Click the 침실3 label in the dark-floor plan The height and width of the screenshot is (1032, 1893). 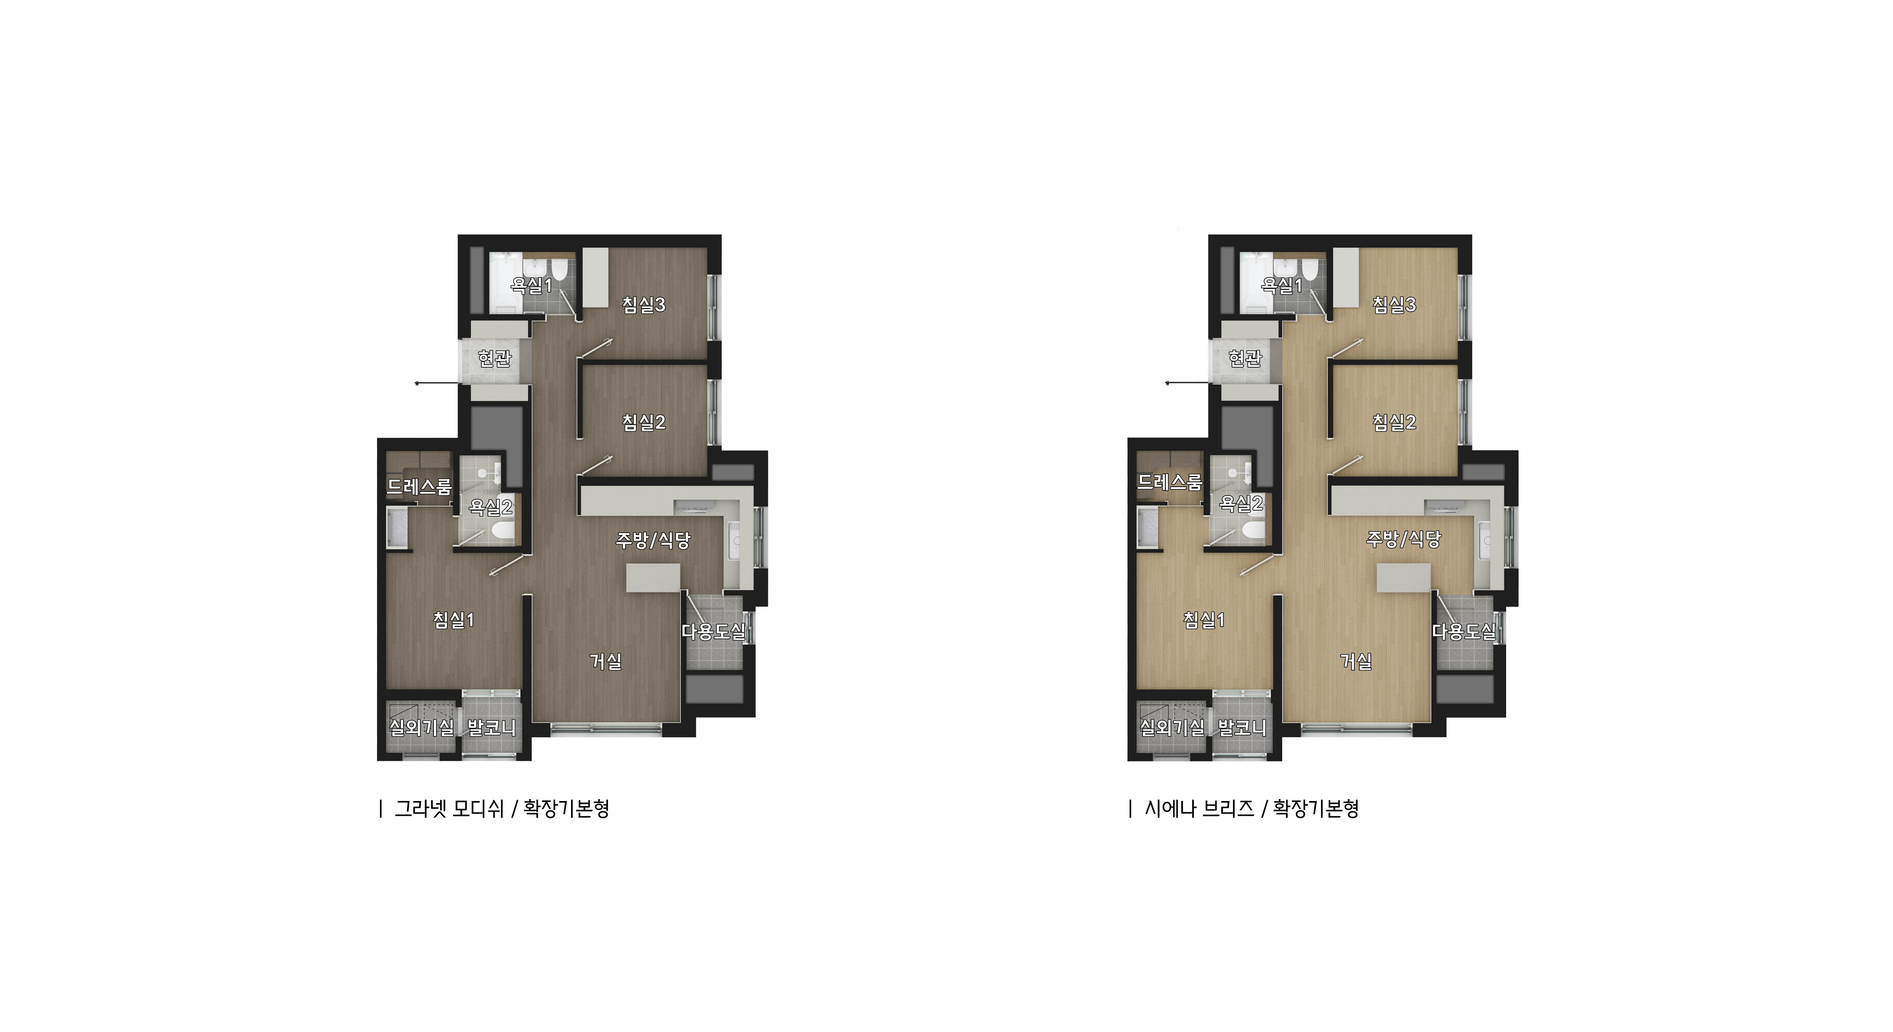[x=644, y=304]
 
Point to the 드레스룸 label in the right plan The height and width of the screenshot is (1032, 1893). [x=1170, y=482]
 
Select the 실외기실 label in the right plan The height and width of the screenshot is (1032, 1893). [x=1172, y=728]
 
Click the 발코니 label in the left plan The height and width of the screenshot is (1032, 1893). [x=492, y=728]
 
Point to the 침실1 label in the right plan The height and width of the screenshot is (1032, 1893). [x=1204, y=620]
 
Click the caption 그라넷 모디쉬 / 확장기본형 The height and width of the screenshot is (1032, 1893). [x=502, y=809]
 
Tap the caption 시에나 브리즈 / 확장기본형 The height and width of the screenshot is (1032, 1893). [x=1252, y=809]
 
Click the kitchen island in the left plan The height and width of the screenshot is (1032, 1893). [x=653, y=577]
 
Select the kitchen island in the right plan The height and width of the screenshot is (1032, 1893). [x=1404, y=577]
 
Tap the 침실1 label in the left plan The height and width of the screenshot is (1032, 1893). [x=453, y=620]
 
